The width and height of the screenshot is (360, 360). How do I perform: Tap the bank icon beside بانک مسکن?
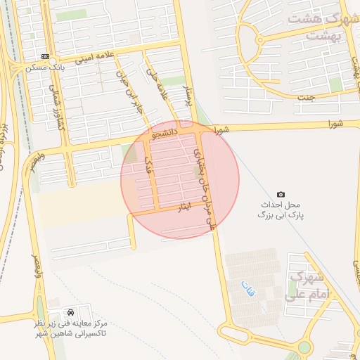(x=46, y=56)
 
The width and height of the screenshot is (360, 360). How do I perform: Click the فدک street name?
(x=148, y=165)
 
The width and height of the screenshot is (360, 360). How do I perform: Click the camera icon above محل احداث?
(x=281, y=194)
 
